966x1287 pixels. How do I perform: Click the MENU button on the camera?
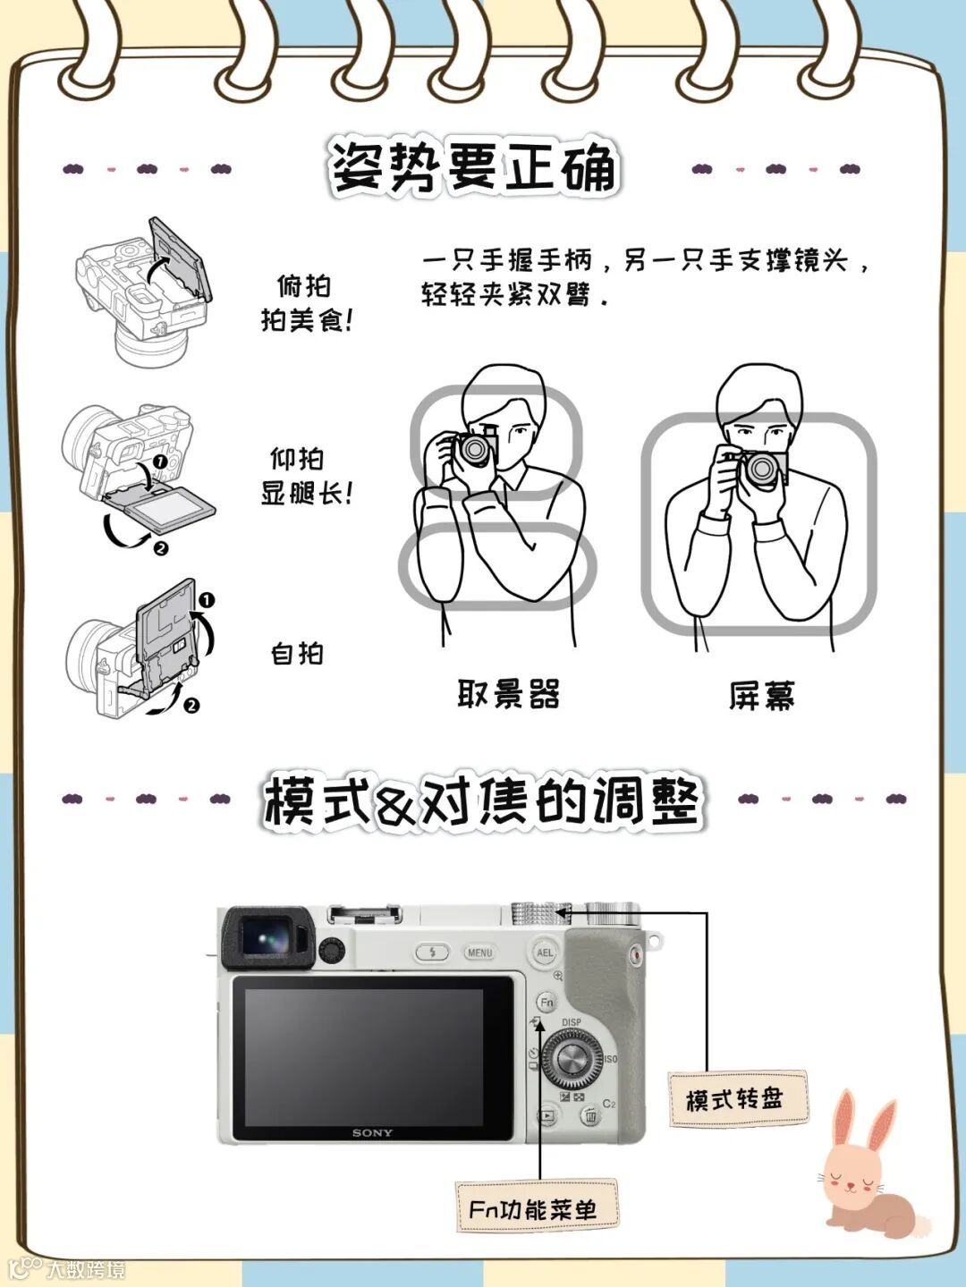(x=479, y=953)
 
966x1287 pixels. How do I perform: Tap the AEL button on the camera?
(x=545, y=953)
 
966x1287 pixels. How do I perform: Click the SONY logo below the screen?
(x=372, y=1133)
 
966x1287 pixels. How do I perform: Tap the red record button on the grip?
(x=636, y=956)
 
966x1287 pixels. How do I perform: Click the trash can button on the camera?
(x=591, y=1114)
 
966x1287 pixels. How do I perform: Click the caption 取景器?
(x=508, y=694)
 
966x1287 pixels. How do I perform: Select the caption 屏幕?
(x=762, y=696)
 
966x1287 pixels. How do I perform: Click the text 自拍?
(x=297, y=654)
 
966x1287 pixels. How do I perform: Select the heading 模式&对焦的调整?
(x=480, y=800)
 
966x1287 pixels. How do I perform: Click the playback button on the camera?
(x=547, y=1115)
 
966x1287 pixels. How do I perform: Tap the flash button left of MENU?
(x=432, y=953)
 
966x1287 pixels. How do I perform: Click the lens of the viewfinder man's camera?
(x=472, y=449)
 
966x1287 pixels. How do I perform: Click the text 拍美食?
(x=307, y=321)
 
